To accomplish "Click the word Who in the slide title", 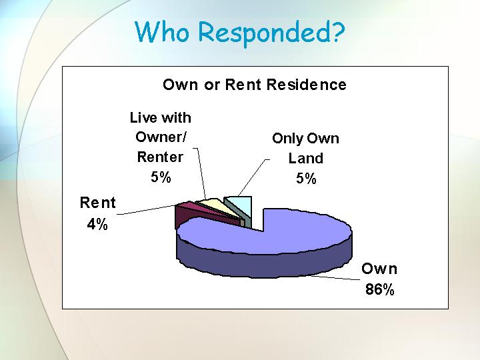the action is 161,31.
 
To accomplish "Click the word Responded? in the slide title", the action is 271,33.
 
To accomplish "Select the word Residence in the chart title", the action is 307,85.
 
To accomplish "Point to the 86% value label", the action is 379,289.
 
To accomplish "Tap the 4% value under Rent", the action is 97,225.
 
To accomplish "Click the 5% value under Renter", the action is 161,177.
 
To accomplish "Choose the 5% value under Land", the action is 306,178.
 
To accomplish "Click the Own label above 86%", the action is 379,269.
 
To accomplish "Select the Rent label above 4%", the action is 97,203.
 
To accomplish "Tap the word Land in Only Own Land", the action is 306,158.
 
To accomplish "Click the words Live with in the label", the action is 161,117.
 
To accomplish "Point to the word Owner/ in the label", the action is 161,137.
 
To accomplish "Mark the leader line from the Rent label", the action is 147,209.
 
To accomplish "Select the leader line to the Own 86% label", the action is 335,277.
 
